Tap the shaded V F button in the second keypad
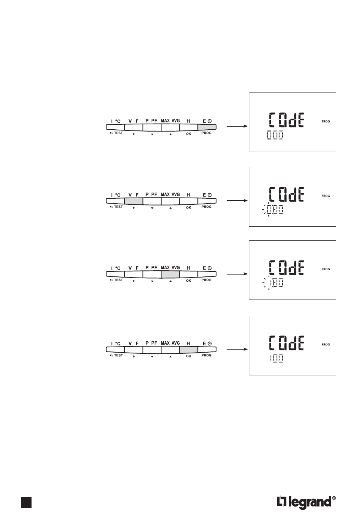pyautogui.click(x=133, y=201)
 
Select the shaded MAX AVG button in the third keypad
pyautogui.click(x=170, y=274)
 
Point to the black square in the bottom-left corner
pyautogui.click(x=26, y=502)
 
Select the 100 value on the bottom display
pyautogui.click(x=276, y=358)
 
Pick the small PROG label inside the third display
pyautogui.click(x=326, y=269)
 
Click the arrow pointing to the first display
pyautogui.click(x=237, y=127)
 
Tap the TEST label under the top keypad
pyautogui.click(x=116, y=133)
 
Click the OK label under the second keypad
pyautogui.click(x=189, y=207)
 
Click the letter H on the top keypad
pyautogui.click(x=188, y=121)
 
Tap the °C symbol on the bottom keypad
pyautogui.click(x=118, y=344)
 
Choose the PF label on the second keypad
pyautogui.click(x=154, y=194)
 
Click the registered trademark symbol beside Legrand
pyautogui.click(x=334, y=498)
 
